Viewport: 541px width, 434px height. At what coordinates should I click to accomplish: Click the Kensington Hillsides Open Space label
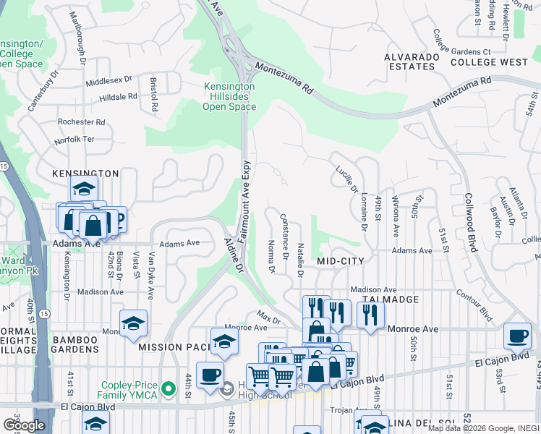tap(229, 95)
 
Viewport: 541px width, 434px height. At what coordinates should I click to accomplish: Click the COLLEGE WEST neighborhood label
tap(489, 62)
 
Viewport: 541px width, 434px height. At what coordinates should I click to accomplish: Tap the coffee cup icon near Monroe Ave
tap(516, 336)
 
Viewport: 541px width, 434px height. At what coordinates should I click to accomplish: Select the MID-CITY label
tap(339, 260)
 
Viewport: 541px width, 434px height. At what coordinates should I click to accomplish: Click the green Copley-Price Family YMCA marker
tap(169, 389)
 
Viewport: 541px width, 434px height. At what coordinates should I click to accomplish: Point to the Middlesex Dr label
tap(109, 81)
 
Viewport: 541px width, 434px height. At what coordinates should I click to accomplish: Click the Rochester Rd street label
tap(82, 122)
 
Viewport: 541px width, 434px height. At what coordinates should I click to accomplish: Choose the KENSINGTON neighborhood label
tap(85, 174)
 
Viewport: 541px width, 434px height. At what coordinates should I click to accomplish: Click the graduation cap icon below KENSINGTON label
tap(84, 190)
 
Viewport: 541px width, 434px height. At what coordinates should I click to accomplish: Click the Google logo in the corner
tap(24, 425)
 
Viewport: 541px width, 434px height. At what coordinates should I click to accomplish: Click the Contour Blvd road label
tap(474, 305)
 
